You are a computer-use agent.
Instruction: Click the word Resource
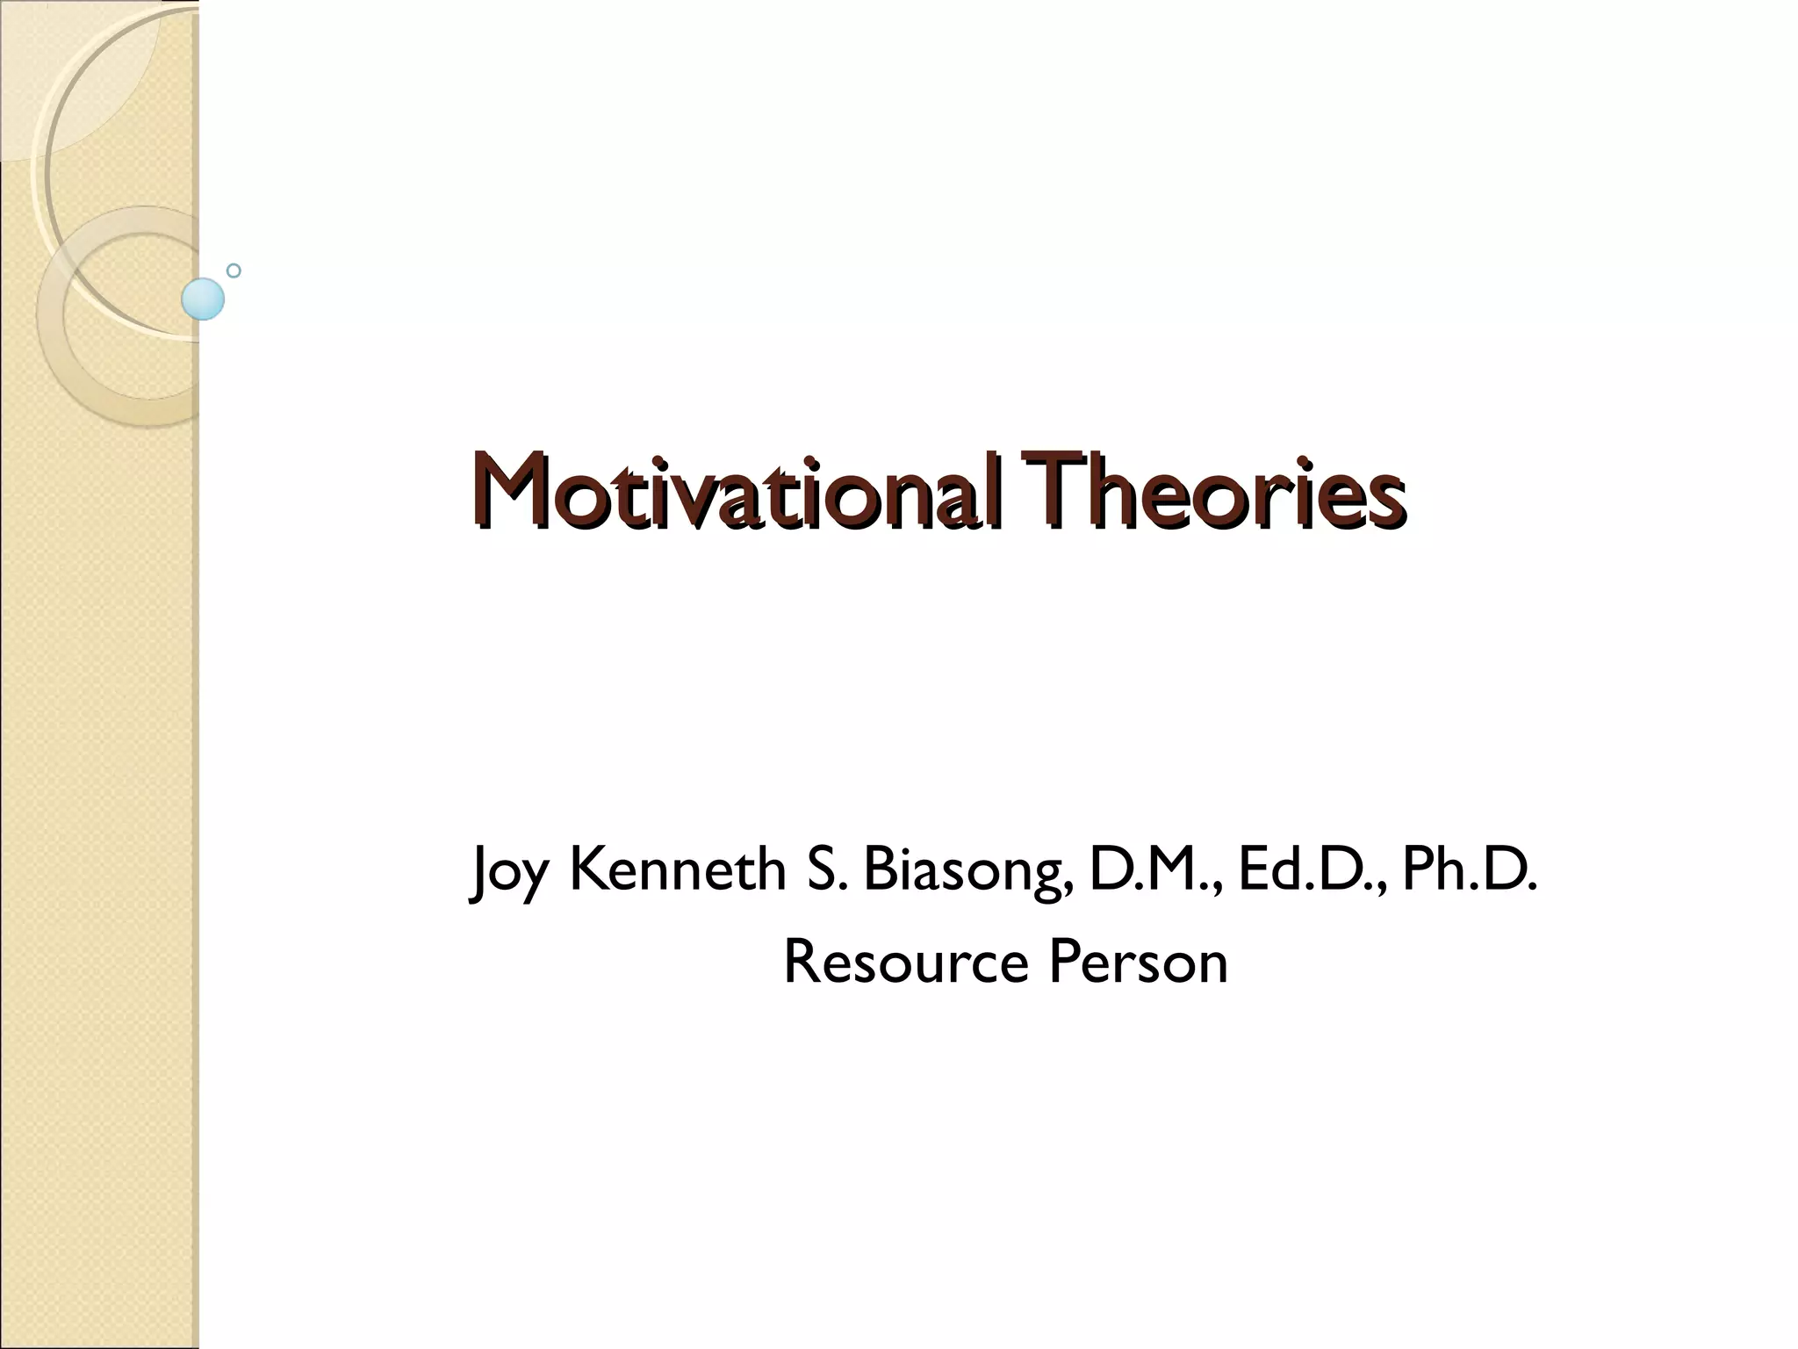(x=905, y=962)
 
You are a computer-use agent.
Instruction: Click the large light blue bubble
(x=203, y=299)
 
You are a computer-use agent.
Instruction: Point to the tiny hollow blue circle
(x=234, y=271)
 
